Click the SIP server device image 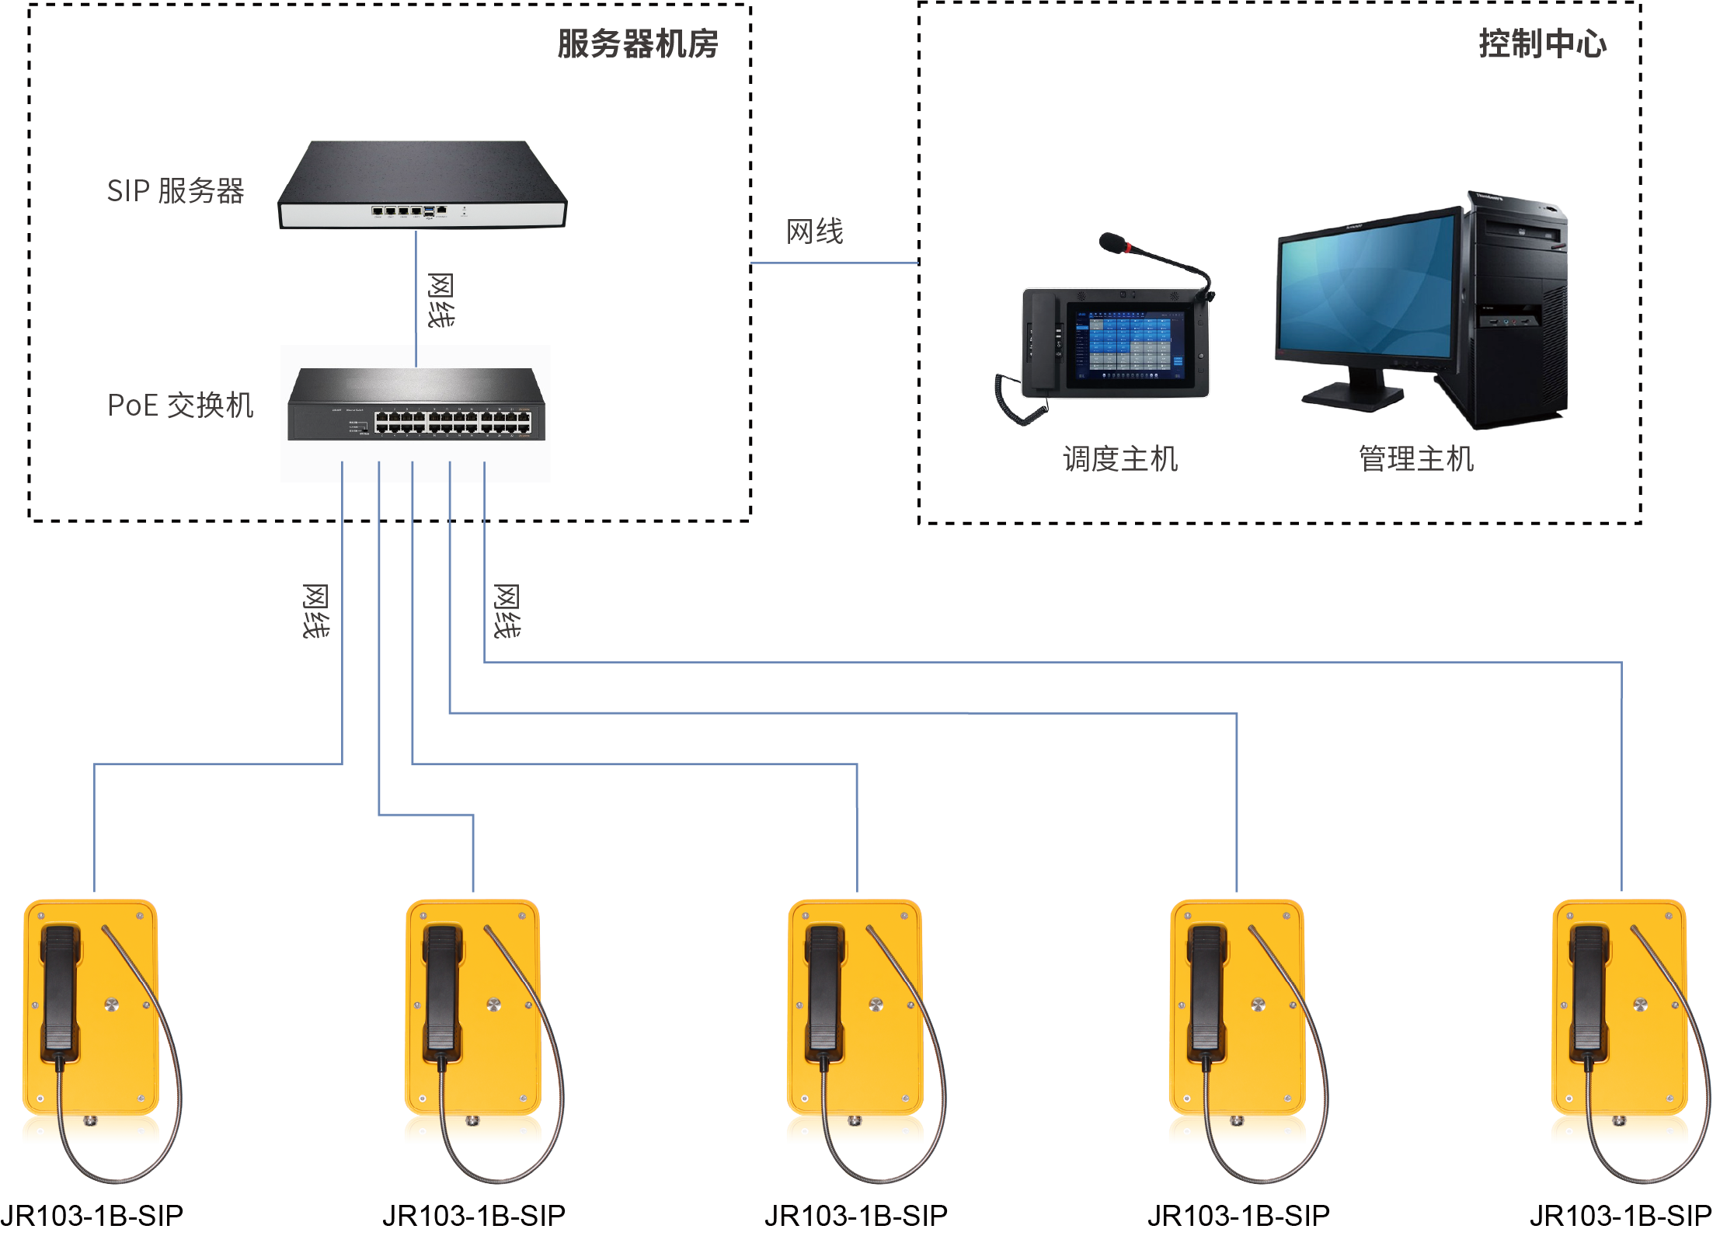click(422, 185)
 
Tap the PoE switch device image click(416, 405)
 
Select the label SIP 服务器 click(176, 191)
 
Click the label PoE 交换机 click(180, 406)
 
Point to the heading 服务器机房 click(637, 44)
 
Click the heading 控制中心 click(1542, 44)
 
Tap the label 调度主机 click(1119, 459)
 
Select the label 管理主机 click(1415, 459)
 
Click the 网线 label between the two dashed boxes click(814, 232)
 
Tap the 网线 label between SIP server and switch click(440, 301)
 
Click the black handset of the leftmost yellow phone click(61, 987)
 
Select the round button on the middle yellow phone click(876, 1004)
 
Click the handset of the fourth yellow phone click(1206, 987)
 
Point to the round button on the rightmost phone click(1640, 1004)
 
